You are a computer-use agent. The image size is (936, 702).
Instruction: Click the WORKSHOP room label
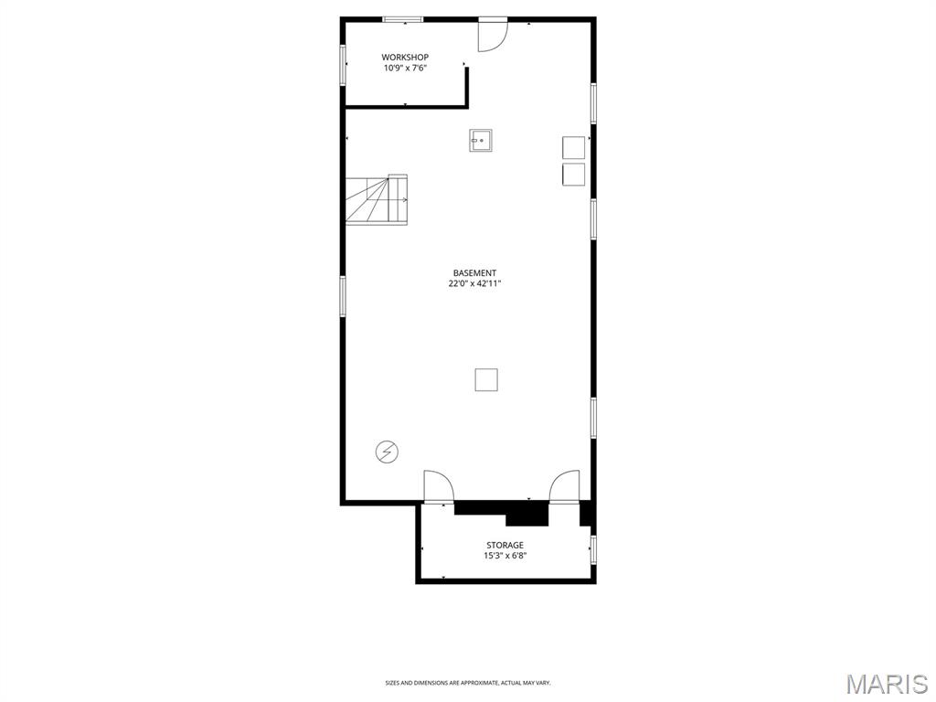click(405, 58)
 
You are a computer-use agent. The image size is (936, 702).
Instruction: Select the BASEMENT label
click(475, 273)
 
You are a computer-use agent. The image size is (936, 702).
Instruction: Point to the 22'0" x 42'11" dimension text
click(475, 284)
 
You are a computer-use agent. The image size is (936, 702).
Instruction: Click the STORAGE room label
click(505, 546)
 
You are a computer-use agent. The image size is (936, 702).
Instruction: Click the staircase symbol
click(377, 199)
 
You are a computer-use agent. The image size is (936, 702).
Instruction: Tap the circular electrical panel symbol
click(387, 451)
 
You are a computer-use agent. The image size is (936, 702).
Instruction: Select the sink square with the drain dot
click(481, 140)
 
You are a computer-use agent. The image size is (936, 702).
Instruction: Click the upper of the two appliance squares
click(573, 148)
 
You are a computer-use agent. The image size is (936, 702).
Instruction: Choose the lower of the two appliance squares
click(573, 175)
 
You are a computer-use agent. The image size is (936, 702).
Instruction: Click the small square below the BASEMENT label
click(486, 379)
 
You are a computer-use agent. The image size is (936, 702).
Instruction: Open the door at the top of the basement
click(492, 35)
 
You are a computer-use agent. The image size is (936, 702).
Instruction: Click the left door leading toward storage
click(438, 486)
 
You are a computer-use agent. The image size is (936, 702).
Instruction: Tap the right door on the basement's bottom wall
click(564, 486)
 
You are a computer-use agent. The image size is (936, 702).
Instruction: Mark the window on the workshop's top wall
click(402, 19)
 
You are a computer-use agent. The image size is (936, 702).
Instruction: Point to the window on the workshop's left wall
click(344, 66)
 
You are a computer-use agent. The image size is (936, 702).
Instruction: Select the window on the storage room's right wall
click(593, 548)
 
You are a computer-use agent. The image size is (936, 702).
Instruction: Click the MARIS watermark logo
click(886, 684)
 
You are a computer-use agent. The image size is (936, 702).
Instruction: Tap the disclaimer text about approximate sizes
click(468, 683)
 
